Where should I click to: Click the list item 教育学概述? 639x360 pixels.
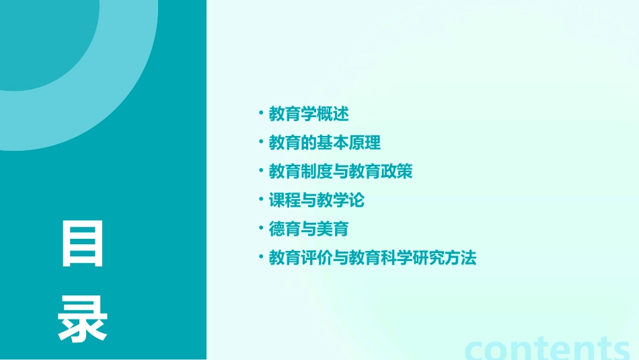(x=309, y=114)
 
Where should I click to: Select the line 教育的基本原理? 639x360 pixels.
(x=325, y=143)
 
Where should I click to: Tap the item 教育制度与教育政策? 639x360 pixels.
(x=340, y=172)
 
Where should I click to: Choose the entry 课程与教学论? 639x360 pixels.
(x=316, y=201)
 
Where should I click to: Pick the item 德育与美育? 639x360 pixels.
(x=309, y=229)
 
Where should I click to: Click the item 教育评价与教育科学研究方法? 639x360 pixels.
(x=372, y=258)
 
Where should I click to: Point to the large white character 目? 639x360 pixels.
(x=83, y=244)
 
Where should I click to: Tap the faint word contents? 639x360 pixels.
(x=548, y=348)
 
